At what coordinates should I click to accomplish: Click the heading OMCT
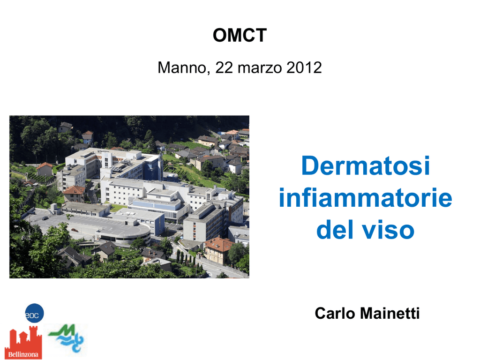pos(240,35)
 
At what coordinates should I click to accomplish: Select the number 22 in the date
pos(225,67)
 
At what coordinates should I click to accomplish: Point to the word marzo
pos(260,67)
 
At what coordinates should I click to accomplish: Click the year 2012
pos(304,67)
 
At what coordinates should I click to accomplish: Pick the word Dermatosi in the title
pos(366,165)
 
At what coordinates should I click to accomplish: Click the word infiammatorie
pos(366,198)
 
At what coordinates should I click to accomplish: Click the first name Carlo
pos(335,313)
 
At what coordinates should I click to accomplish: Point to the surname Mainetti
pos(390,313)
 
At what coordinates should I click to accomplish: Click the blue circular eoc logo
pos(34,313)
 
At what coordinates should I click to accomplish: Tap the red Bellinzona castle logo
pos(23,342)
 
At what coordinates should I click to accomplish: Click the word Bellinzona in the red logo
pos(23,354)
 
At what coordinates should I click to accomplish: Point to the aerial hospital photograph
pos(129,197)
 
